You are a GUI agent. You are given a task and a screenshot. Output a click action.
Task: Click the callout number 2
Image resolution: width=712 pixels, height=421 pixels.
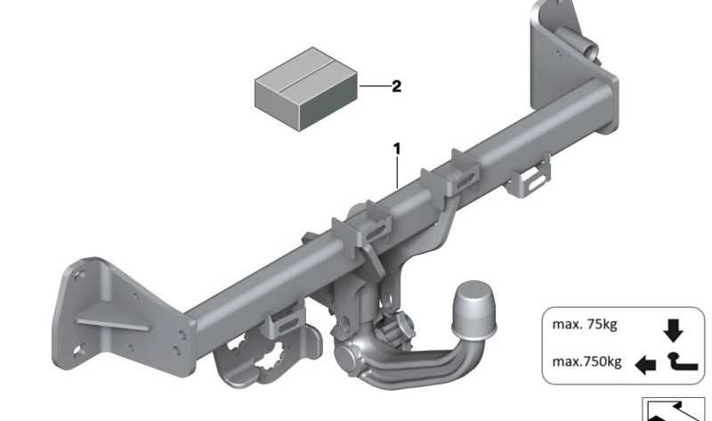pos(396,86)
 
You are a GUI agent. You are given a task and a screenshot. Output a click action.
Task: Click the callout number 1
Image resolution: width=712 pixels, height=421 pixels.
pos(397,149)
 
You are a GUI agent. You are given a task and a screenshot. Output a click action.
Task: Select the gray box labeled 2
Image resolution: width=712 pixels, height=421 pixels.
pos(306,89)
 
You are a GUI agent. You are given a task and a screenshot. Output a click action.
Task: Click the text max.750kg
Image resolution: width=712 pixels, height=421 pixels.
pos(587,361)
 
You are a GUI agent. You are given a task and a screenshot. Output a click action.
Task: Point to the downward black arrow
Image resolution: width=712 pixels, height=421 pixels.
pos(673,330)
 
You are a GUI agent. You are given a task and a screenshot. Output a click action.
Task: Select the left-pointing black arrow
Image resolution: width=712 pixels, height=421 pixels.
pos(645,365)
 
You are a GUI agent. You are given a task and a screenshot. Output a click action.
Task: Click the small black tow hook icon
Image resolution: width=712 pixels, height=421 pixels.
pos(682,362)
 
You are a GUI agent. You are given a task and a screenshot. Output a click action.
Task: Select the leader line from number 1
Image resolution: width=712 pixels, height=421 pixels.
pos(397,172)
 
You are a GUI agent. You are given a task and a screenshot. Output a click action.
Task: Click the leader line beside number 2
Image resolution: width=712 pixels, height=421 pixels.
pos(375,85)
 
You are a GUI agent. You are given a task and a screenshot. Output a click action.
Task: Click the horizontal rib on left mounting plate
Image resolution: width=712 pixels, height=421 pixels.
pos(113,324)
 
